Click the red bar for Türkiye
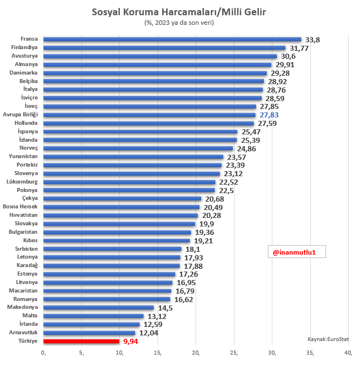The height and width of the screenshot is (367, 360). point(81,341)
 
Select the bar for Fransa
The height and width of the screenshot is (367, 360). point(172,40)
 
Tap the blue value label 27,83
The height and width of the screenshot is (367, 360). point(269,115)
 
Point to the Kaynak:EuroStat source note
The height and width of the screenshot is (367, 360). point(328,339)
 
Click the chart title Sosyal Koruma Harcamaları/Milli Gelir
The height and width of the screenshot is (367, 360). point(180,12)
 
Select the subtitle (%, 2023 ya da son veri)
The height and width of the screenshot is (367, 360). point(180,23)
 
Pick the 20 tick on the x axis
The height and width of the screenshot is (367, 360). point(196,353)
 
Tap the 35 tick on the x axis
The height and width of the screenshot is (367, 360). point(310,353)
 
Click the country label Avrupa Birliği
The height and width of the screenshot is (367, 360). point(20,115)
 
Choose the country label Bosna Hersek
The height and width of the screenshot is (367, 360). point(20,207)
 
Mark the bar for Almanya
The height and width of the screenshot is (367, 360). point(158,64)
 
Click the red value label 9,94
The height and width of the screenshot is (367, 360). point(131,342)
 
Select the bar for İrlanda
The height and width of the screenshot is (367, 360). point(92,324)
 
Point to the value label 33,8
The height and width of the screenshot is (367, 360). point(313,40)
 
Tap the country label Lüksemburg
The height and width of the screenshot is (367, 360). point(22,182)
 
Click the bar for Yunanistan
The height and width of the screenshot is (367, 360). point(133,156)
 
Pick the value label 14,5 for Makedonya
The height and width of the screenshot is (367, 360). point(166,308)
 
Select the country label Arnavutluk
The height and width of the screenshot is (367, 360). point(22,333)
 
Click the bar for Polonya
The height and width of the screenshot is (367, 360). point(129,190)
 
